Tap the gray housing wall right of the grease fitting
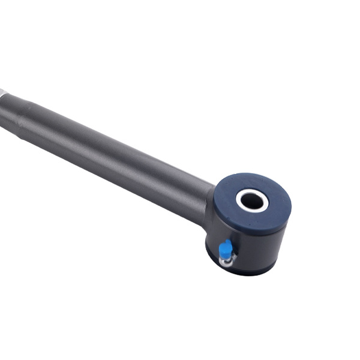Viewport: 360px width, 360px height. point(258,246)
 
